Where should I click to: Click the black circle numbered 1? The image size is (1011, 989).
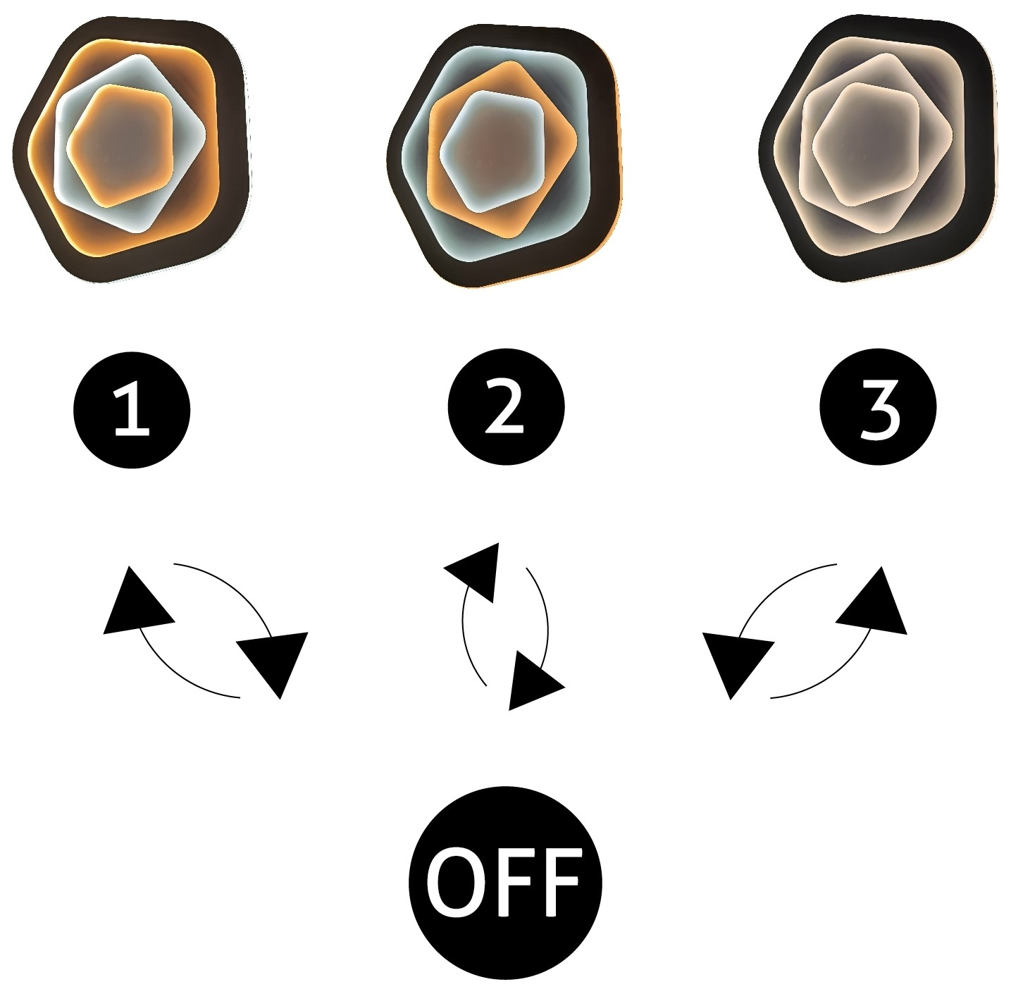pos(132,410)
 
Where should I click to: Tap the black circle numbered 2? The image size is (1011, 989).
pos(506,406)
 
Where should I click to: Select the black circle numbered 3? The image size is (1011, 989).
pos(878,406)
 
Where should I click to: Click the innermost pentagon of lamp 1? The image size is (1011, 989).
pos(120,146)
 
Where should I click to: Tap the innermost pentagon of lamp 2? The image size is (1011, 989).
pos(492,151)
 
